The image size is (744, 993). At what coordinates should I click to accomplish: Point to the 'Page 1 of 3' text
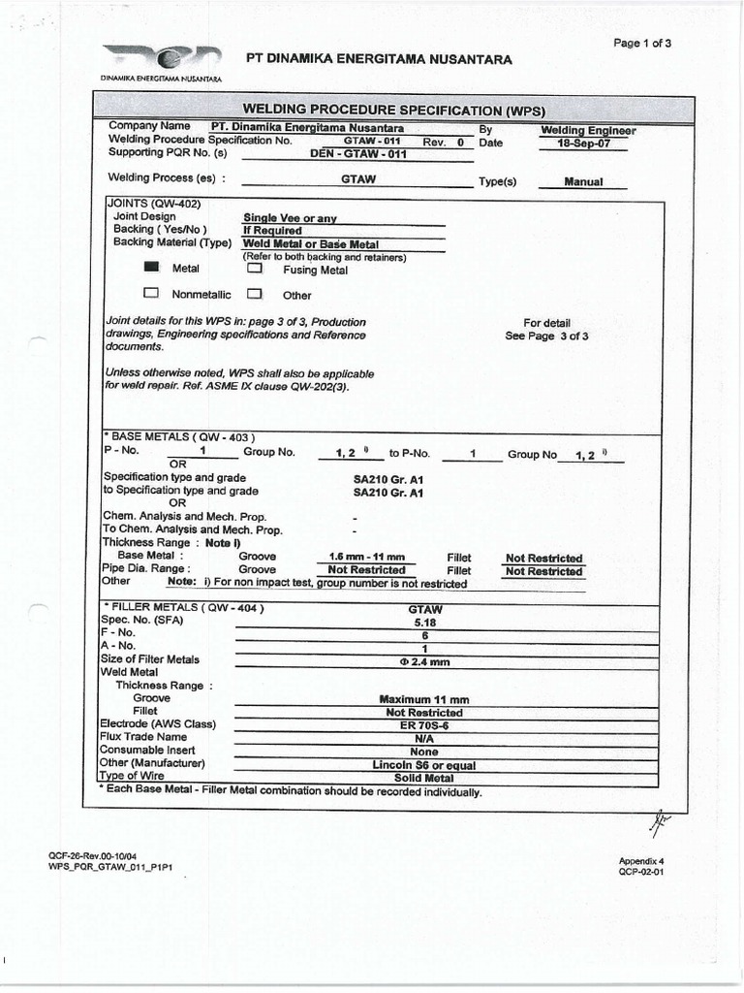click(x=642, y=43)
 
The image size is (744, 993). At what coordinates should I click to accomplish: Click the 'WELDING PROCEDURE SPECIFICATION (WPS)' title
click(x=393, y=109)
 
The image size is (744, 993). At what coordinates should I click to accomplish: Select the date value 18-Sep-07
click(x=584, y=143)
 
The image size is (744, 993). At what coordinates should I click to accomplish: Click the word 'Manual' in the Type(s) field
click(x=583, y=181)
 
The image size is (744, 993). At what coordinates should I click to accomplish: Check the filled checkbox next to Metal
click(x=150, y=268)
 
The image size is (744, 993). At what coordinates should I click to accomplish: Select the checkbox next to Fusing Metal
click(x=255, y=269)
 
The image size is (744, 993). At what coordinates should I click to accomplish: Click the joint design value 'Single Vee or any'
click(x=290, y=218)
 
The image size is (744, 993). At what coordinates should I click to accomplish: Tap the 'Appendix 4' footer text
click(x=641, y=860)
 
